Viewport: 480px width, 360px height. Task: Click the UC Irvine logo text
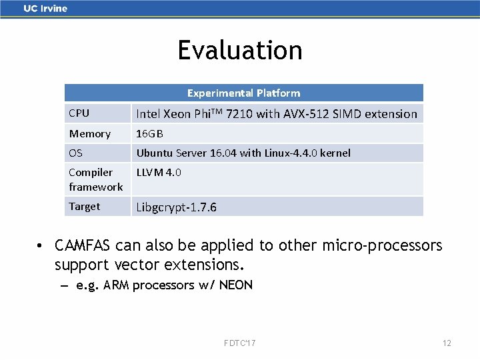[45, 9]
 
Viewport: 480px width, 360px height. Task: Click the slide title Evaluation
[240, 51]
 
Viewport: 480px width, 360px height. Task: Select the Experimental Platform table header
[243, 93]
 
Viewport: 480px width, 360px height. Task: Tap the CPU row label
[79, 113]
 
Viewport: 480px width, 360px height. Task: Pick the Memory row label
[90, 134]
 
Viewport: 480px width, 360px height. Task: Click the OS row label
[76, 153]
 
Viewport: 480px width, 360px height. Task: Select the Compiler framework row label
[95, 179]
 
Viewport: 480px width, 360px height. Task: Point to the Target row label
[85, 207]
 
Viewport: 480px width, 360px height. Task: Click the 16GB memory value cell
[150, 134]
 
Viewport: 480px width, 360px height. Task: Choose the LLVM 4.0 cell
[159, 173]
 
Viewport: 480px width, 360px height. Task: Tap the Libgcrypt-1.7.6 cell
[177, 207]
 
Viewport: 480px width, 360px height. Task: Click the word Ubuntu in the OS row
[155, 153]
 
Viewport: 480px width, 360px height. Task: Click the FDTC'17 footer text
[240, 343]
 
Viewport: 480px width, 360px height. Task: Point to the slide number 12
[447, 343]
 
